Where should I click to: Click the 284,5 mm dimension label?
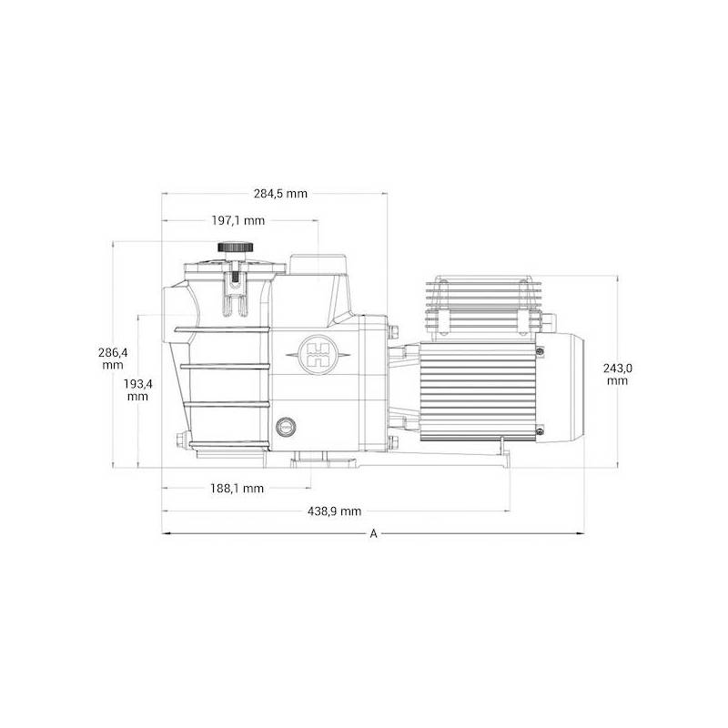pyautogui.click(x=280, y=194)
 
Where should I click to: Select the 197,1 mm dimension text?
pyautogui.click(x=238, y=220)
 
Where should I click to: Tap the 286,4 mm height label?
pyautogui.click(x=113, y=357)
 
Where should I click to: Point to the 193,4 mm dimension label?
pyautogui.click(x=137, y=389)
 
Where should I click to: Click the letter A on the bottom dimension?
pyautogui.click(x=373, y=534)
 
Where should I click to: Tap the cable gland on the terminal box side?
pyautogui.click(x=548, y=320)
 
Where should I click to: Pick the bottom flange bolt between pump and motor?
pyautogui.click(x=395, y=444)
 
